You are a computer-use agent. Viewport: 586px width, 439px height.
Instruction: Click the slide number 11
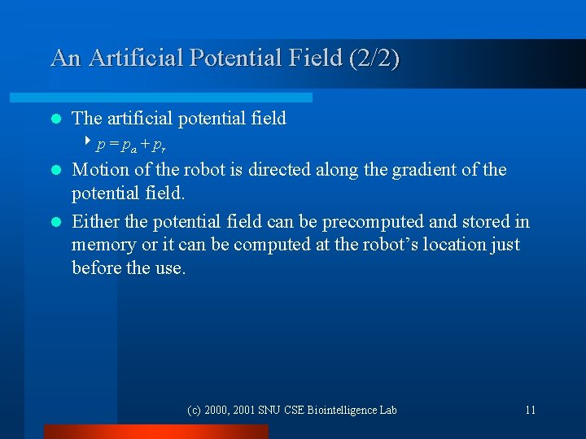(x=530, y=410)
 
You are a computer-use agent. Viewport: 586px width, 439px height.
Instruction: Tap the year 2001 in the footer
(x=244, y=410)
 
